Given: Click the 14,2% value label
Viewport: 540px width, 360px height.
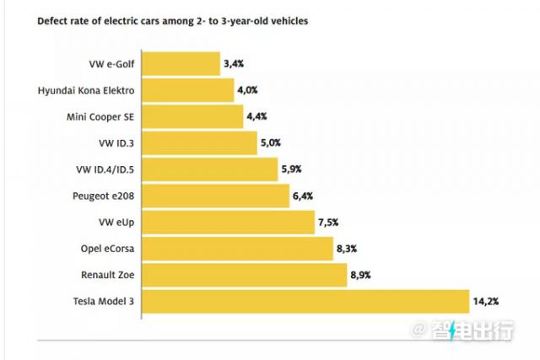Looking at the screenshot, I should (x=487, y=302).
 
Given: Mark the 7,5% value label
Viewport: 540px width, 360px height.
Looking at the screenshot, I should (x=329, y=223).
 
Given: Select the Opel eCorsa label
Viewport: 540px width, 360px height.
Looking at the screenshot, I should (x=105, y=249).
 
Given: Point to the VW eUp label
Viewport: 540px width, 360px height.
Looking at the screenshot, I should (x=117, y=223).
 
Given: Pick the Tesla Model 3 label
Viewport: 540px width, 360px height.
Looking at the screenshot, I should (x=100, y=302).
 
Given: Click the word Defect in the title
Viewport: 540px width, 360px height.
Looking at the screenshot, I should (x=52, y=19).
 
